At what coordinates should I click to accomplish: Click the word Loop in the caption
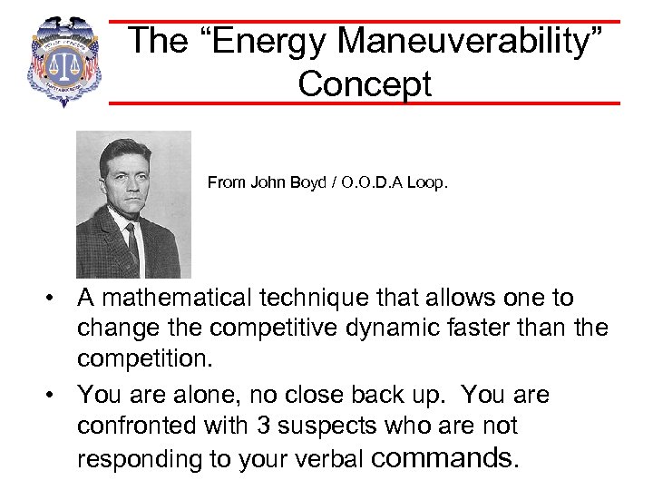tap(427, 182)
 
